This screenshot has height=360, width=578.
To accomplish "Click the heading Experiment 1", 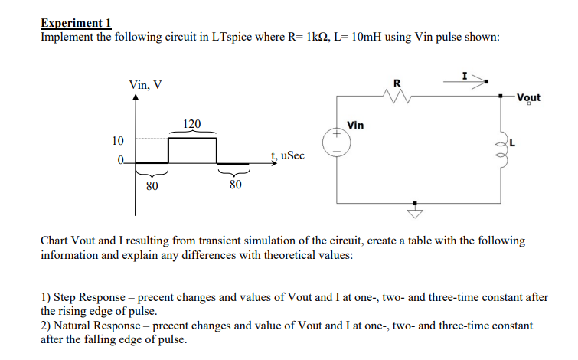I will point(76,23).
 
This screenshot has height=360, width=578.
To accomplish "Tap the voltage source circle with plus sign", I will point(334,142).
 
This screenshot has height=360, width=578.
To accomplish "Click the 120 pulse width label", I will point(192,123).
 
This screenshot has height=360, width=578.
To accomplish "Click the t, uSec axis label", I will point(287,155).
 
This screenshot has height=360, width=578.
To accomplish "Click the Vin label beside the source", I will point(355,124).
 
